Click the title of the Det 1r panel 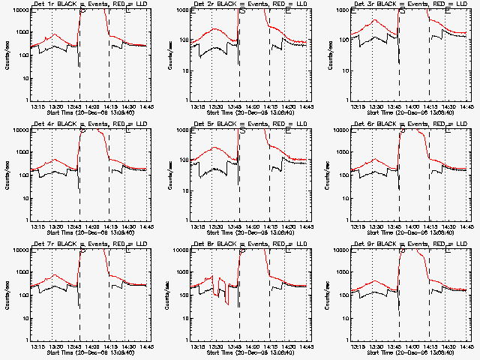click(89, 4)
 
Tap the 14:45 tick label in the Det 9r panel click(466, 347)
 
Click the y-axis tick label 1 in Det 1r click(25, 100)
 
